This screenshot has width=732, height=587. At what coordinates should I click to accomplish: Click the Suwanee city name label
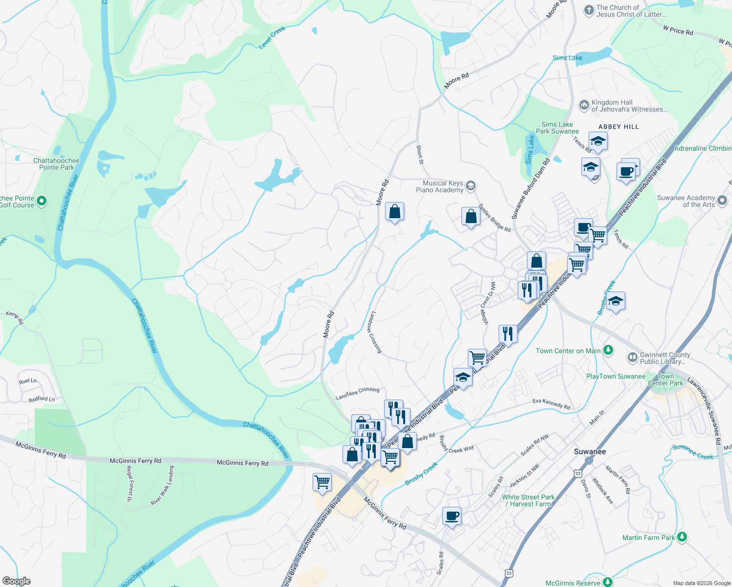(590, 452)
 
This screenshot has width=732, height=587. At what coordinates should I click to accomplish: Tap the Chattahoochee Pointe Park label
(56, 164)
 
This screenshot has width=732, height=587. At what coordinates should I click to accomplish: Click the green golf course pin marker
(42, 201)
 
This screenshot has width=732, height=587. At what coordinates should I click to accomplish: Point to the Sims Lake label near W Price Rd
(567, 58)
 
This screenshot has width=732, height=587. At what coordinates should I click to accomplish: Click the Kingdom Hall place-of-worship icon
(583, 105)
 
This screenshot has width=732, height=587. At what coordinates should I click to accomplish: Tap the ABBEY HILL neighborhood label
(618, 127)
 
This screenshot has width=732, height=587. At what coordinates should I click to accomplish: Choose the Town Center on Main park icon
(608, 350)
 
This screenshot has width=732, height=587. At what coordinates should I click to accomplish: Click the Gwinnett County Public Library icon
(632, 358)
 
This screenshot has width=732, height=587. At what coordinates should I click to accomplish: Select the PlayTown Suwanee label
(616, 376)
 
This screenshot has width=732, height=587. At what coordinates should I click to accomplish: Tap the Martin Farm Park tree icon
(682, 537)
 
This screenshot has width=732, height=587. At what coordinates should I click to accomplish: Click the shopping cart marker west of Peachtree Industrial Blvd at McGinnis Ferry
(322, 482)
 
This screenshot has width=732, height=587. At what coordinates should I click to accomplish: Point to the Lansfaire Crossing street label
(357, 393)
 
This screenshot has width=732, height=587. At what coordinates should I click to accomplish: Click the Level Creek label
(272, 38)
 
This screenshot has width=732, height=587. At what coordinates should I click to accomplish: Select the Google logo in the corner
(16, 581)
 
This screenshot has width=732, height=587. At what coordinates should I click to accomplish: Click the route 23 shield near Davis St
(578, 473)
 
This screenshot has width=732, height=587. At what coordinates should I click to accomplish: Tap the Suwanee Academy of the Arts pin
(722, 200)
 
